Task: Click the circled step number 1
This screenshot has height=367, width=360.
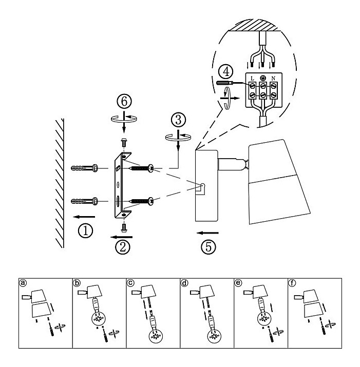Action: [85, 230]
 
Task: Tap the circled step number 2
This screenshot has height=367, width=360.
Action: [123, 247]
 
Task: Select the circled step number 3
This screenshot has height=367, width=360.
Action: [179, 120]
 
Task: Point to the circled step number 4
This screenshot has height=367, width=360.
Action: [226, 72]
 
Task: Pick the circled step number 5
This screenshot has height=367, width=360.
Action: [209, 246]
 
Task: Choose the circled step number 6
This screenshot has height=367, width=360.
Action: [124, 101]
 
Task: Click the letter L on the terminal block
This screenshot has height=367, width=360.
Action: [252, 79]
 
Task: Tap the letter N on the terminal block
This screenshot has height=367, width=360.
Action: [273, 79]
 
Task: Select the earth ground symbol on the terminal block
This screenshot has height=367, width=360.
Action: [263, 78]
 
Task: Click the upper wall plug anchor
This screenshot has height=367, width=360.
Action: [85, 168]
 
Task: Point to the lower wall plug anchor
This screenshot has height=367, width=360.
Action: [85, 201]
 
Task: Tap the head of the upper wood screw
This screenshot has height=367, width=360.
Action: [151, 168]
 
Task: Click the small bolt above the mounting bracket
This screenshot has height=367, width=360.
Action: [124, 142]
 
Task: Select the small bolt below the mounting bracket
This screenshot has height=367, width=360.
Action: [124, 228]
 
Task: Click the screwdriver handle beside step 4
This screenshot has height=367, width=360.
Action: [224, 83]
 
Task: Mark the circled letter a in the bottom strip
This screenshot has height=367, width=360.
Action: [23, 283]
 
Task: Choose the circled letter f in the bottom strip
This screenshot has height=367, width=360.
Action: [292, 283]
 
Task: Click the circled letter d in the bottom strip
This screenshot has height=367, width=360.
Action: [184, 283]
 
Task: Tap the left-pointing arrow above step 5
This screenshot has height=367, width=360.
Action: [208, 233]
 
